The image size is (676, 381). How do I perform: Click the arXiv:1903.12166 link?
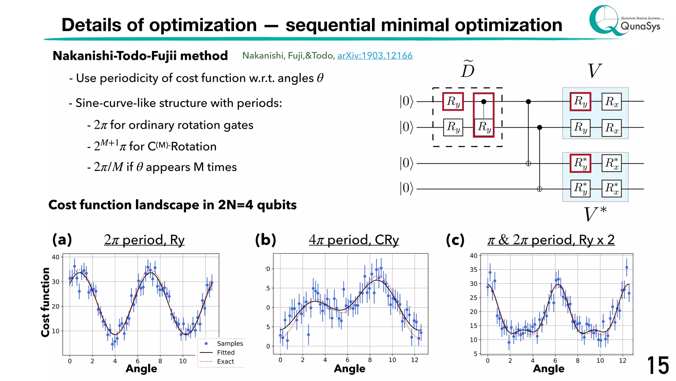pos(375,55)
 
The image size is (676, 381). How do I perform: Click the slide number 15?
pos(658,365)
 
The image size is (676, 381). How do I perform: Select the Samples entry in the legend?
pos(230,344)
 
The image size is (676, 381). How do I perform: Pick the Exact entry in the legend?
pos(225,361)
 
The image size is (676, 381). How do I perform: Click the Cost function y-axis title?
pos(45,302)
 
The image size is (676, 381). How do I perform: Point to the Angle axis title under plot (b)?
pos(349,368)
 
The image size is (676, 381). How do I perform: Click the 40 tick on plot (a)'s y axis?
pos(55,257)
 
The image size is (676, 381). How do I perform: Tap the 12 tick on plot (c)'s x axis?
pos(622,360)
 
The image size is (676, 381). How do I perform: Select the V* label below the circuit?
pos(595,214)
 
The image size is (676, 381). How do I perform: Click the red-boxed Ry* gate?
pos(580,163)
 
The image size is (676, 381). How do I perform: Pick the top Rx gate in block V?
pos(611,102)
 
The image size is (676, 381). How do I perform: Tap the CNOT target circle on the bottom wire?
pos(539,189)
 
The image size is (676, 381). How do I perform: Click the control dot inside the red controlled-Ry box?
pos(484,102)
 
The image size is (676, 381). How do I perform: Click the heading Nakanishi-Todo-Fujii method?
pos(140,56)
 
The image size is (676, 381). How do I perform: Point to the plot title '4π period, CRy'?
pos(354,240)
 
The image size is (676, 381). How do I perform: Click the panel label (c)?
pos(455,240)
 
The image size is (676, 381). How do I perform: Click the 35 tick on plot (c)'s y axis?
pos(473,270)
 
